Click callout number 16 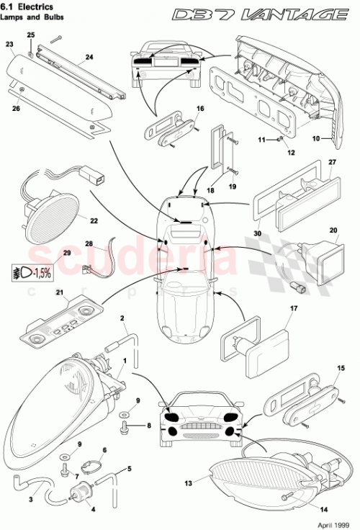(x=199, y=109)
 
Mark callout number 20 (x=333, y=232)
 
